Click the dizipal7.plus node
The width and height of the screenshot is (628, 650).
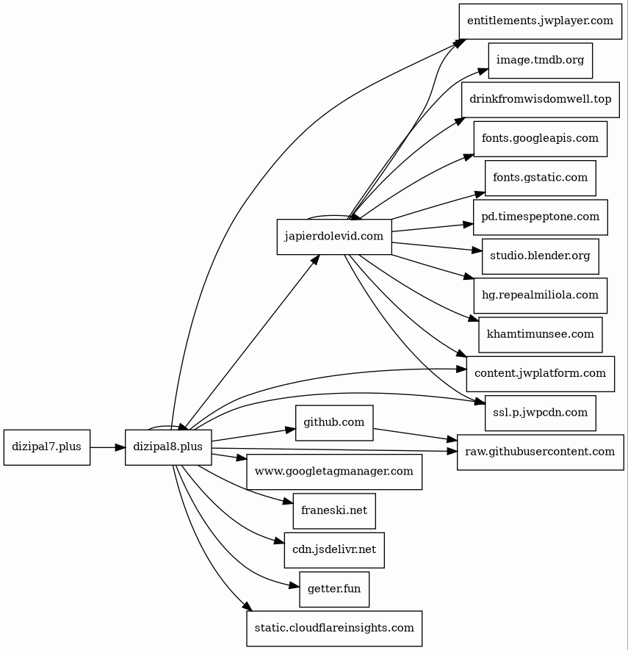coord(47,447)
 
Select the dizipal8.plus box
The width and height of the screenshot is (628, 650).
coord(168,447)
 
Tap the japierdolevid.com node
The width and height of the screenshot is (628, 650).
coord(334,236)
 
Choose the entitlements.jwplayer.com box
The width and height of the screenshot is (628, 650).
coord(541,21)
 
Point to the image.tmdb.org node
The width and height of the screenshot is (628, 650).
coord(541,60)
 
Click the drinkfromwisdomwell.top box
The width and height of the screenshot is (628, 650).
coord(541,99)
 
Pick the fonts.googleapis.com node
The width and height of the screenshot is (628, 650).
coord(541,139)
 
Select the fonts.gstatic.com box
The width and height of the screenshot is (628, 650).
coord(541,178)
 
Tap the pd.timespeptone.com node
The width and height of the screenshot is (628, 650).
coord(541,217)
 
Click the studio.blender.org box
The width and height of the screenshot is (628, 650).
coord(541,256)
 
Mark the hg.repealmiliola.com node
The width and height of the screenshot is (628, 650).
coord(541,295)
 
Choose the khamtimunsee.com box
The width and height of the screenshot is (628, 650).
coord(541,335)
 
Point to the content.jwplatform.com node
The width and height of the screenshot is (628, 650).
coord(541,374)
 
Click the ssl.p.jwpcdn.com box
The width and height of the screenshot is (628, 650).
coord(541,413)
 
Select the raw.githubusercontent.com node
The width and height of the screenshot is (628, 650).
coord(541,452)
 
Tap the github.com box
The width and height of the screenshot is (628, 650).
coord(334,423)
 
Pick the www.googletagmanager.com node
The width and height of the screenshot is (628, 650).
coord(334,472)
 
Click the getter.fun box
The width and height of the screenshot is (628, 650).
coord(334,589)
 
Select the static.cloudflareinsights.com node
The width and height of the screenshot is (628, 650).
coord(334,629)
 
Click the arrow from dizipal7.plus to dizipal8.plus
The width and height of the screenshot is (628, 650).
coord(107,447)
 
